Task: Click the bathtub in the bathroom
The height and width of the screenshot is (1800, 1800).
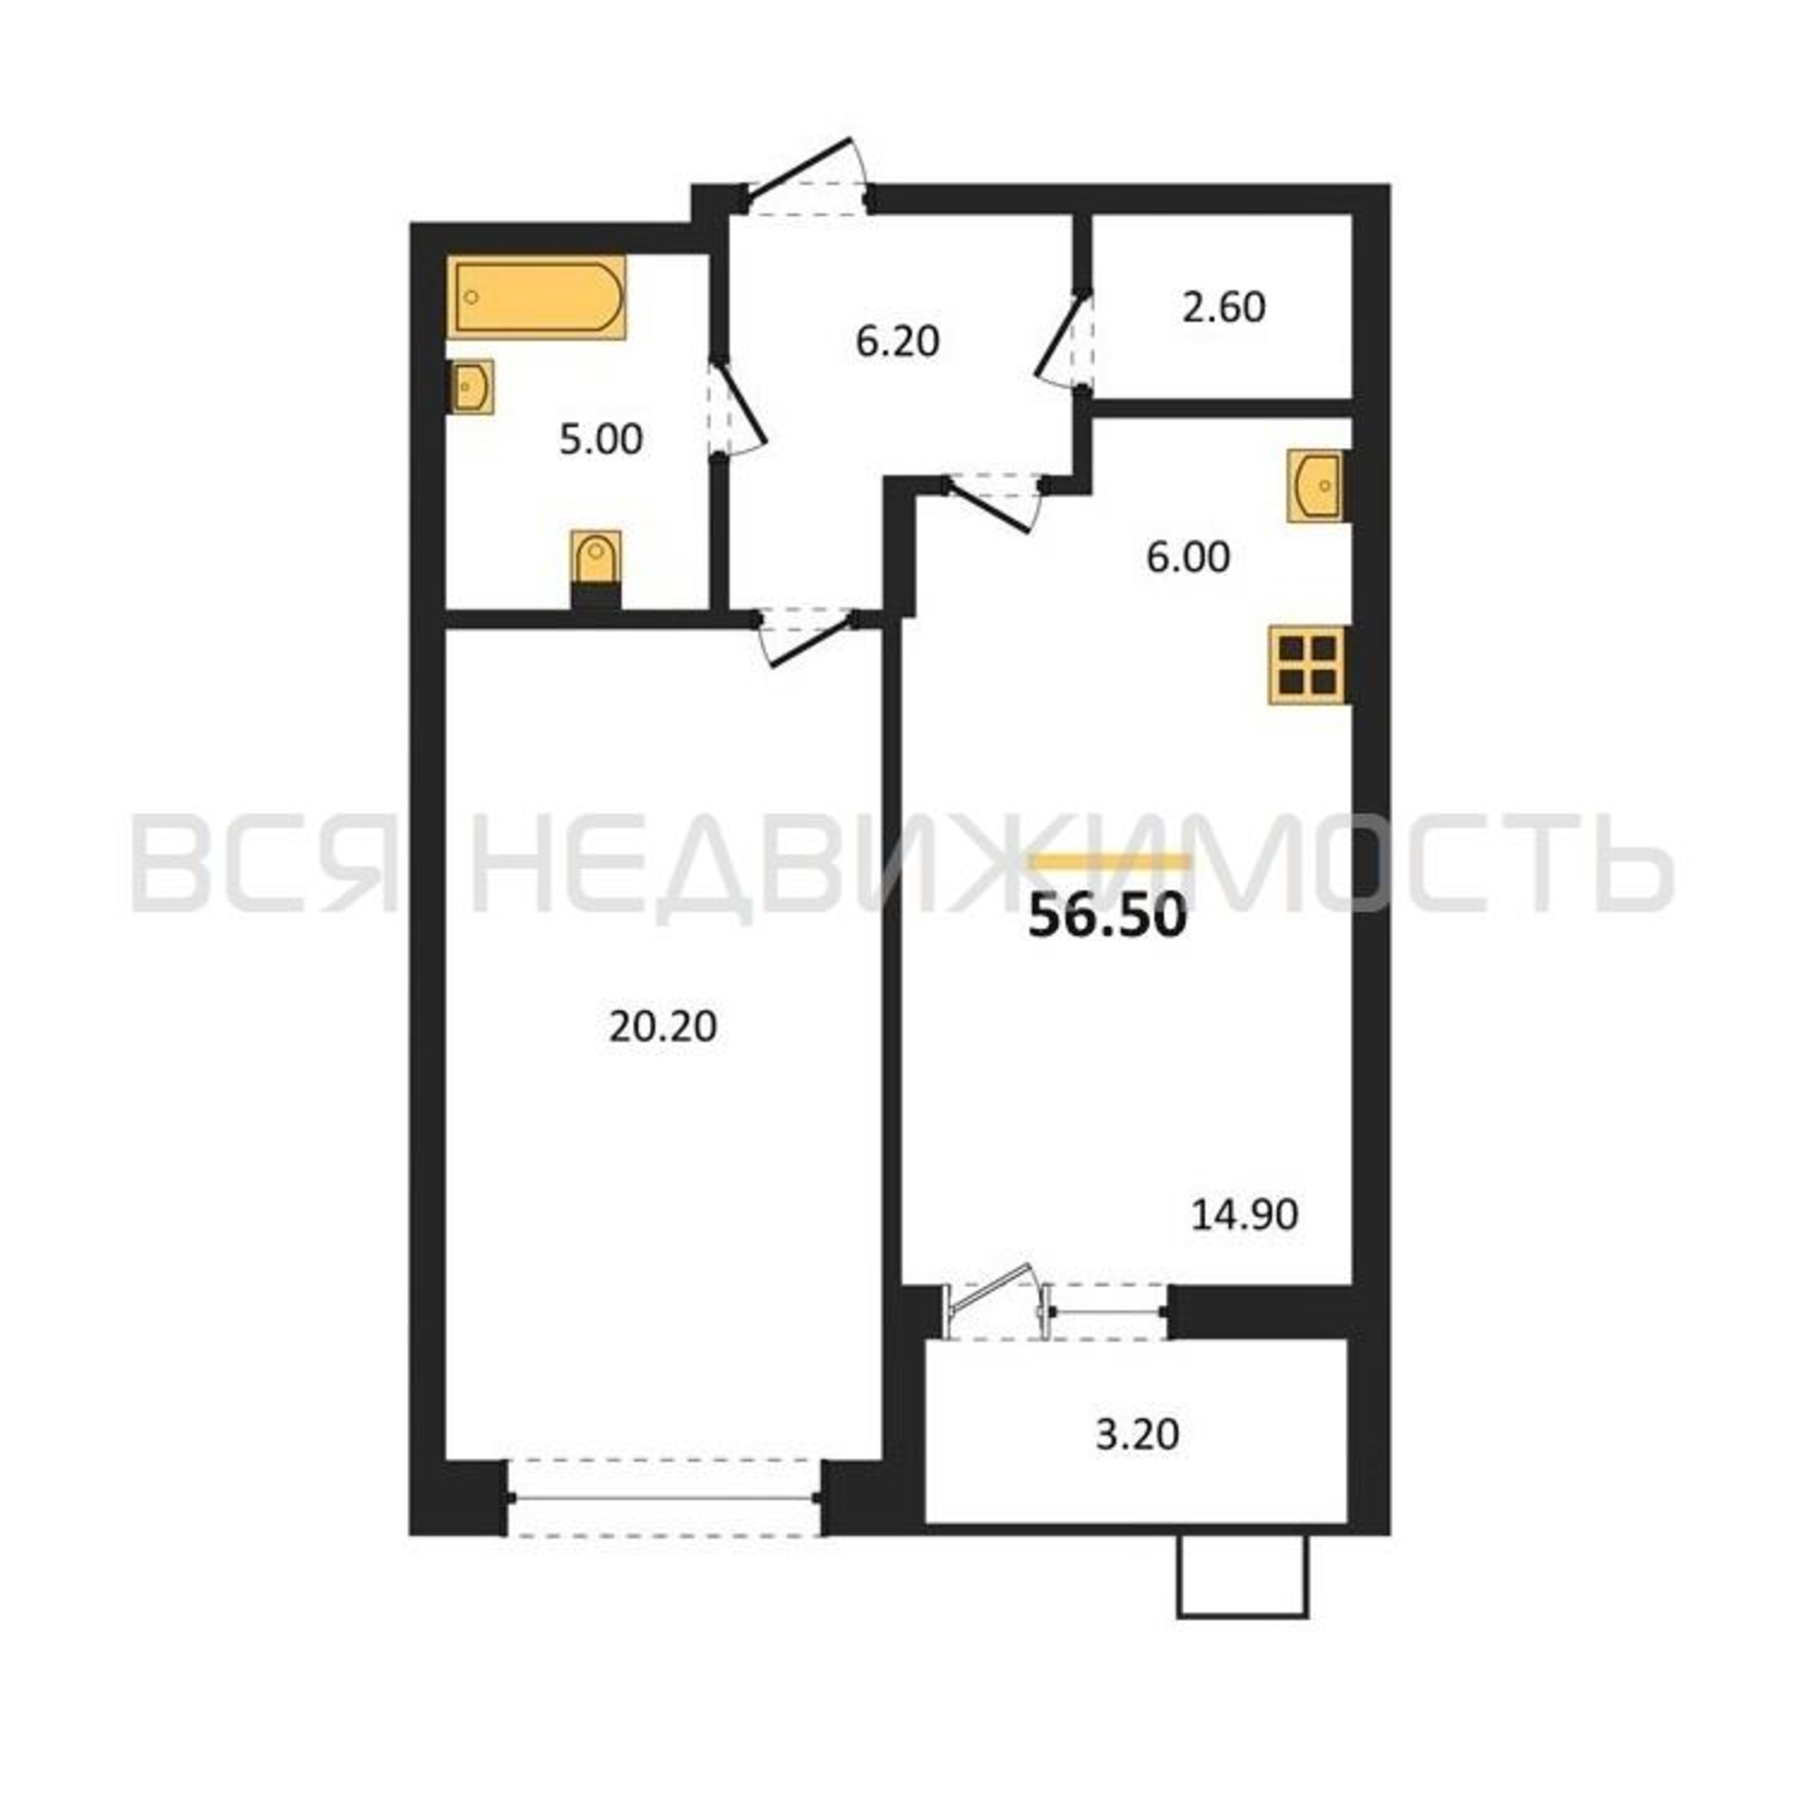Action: pos(535,297)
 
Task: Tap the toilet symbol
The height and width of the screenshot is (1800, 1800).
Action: pos(597,571)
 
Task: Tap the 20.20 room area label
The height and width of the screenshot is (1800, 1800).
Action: pos(663,1027)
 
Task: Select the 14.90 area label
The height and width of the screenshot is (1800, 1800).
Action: pos(1245,1215)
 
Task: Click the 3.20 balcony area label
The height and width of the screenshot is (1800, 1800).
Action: pos(1137,1434)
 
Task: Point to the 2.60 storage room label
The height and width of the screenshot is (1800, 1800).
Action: pos(1223,308)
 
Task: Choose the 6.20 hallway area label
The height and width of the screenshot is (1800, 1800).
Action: pos(897,342)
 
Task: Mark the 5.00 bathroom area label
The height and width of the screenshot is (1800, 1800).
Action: pos(601,440)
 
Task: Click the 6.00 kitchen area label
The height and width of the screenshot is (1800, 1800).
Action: pos(1188,557)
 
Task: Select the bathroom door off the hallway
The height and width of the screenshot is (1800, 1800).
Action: pos(736,409)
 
